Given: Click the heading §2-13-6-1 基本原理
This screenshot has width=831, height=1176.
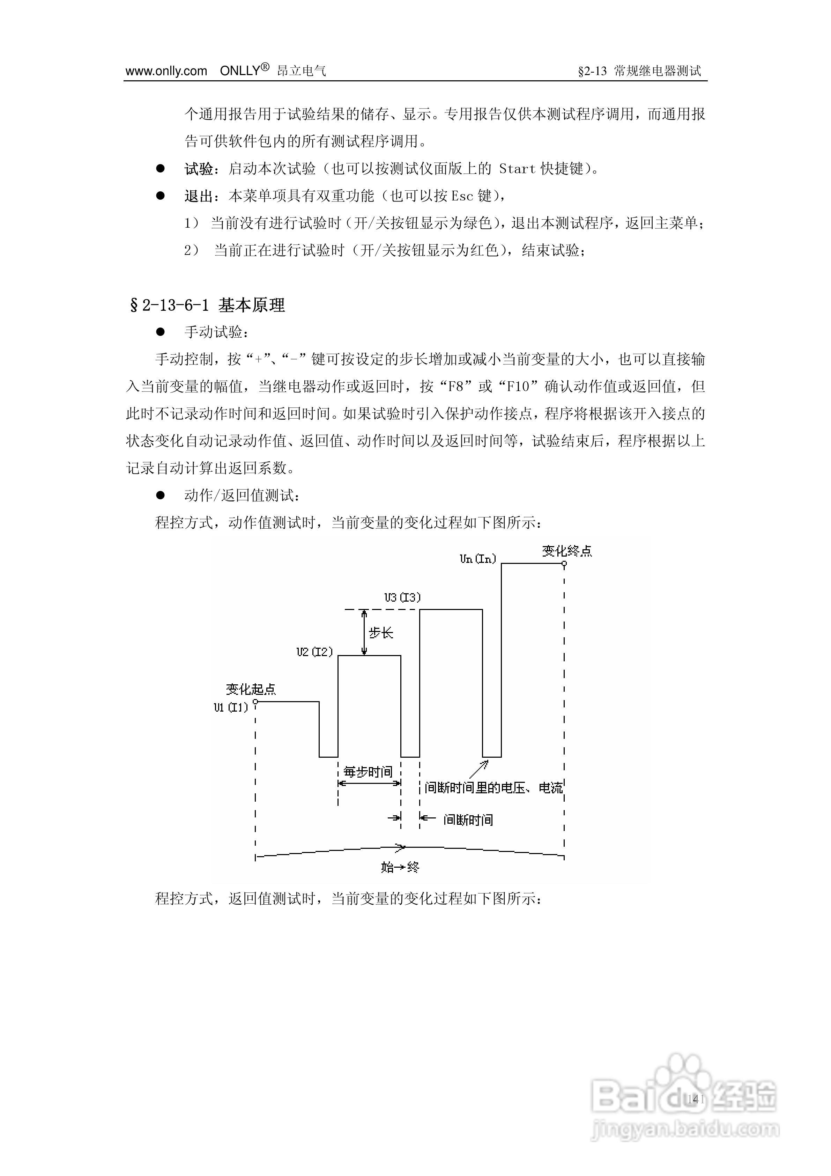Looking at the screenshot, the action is click(207, 305).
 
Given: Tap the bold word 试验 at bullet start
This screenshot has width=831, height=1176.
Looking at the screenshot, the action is click(199, 169).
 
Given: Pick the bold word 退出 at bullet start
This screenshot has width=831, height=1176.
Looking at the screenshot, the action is click(199, 196).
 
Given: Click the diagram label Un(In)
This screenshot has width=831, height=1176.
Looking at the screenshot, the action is click(478, 559).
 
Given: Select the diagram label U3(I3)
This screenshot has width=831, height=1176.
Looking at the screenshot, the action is click(402, 597).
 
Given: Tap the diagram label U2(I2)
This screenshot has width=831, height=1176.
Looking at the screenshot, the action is click(314, 652).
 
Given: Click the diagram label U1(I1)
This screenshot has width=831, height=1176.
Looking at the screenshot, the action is click(231, 707).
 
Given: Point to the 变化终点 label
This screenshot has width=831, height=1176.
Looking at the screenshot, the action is click(567, 551).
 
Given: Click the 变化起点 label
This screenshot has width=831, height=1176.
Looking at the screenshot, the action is click(251, 689).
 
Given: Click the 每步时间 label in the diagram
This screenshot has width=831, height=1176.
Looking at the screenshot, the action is click(368, 771).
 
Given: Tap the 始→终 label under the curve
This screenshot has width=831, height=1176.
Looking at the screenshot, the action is click(400, 867).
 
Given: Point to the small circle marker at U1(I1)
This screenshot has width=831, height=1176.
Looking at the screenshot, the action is click(255, 702).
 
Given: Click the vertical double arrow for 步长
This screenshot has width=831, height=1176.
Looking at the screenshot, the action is click(364, 633).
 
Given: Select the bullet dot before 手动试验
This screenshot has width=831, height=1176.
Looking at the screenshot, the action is click(160, 332).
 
